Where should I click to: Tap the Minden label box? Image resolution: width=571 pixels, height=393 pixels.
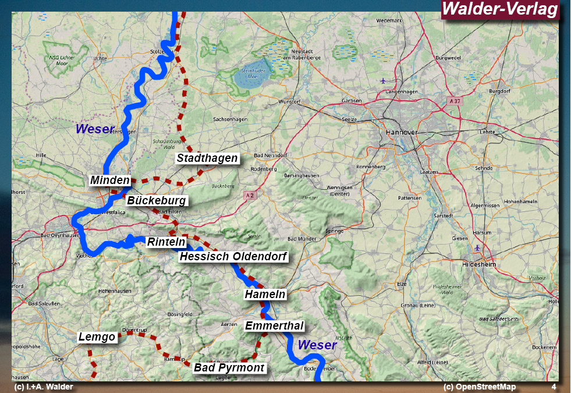110,180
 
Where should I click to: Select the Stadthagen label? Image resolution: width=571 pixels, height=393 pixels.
207,158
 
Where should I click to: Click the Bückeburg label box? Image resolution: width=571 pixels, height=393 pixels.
157,201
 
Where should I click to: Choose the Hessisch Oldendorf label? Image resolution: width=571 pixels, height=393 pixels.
233,256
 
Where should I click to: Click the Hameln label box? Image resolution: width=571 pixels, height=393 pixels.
265,295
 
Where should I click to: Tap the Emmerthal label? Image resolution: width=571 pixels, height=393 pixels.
274,325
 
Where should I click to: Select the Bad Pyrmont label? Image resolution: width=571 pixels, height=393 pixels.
229,368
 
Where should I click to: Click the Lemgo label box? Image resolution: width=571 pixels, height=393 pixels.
97,337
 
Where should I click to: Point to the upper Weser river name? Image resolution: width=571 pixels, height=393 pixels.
95,129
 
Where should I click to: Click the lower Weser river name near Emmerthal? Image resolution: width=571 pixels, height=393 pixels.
317,345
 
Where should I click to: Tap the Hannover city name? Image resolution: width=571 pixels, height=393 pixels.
402,133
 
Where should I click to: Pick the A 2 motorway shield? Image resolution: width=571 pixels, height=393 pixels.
250,196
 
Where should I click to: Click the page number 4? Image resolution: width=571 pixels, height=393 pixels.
554,387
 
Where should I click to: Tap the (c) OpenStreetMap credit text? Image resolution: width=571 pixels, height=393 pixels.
479,387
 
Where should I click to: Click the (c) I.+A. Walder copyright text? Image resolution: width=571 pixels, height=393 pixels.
44,387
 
